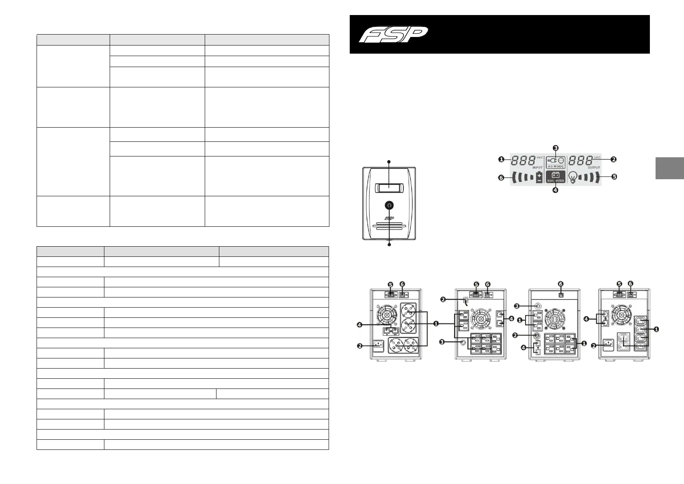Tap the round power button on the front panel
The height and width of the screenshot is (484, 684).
(389, 206)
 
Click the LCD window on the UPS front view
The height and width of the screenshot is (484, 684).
(389, 188)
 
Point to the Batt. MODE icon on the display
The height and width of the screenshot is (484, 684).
(555, 177)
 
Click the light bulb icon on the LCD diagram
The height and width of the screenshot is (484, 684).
(573, 177)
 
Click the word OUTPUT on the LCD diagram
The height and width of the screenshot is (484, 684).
(593, 167)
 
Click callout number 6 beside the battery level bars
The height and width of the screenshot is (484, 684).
(502, 178)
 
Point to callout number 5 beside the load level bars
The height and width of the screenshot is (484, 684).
(614, 177)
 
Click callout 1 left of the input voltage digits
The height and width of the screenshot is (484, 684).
(502, 160)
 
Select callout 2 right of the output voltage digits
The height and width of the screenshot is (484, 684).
(614, 160)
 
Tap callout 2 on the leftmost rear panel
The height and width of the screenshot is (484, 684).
(360, 346)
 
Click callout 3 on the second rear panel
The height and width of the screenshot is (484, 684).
(443, 342)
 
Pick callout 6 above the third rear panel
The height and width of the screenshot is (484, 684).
(561, 284)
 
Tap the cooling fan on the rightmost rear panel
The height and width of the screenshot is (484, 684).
(620, 313)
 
